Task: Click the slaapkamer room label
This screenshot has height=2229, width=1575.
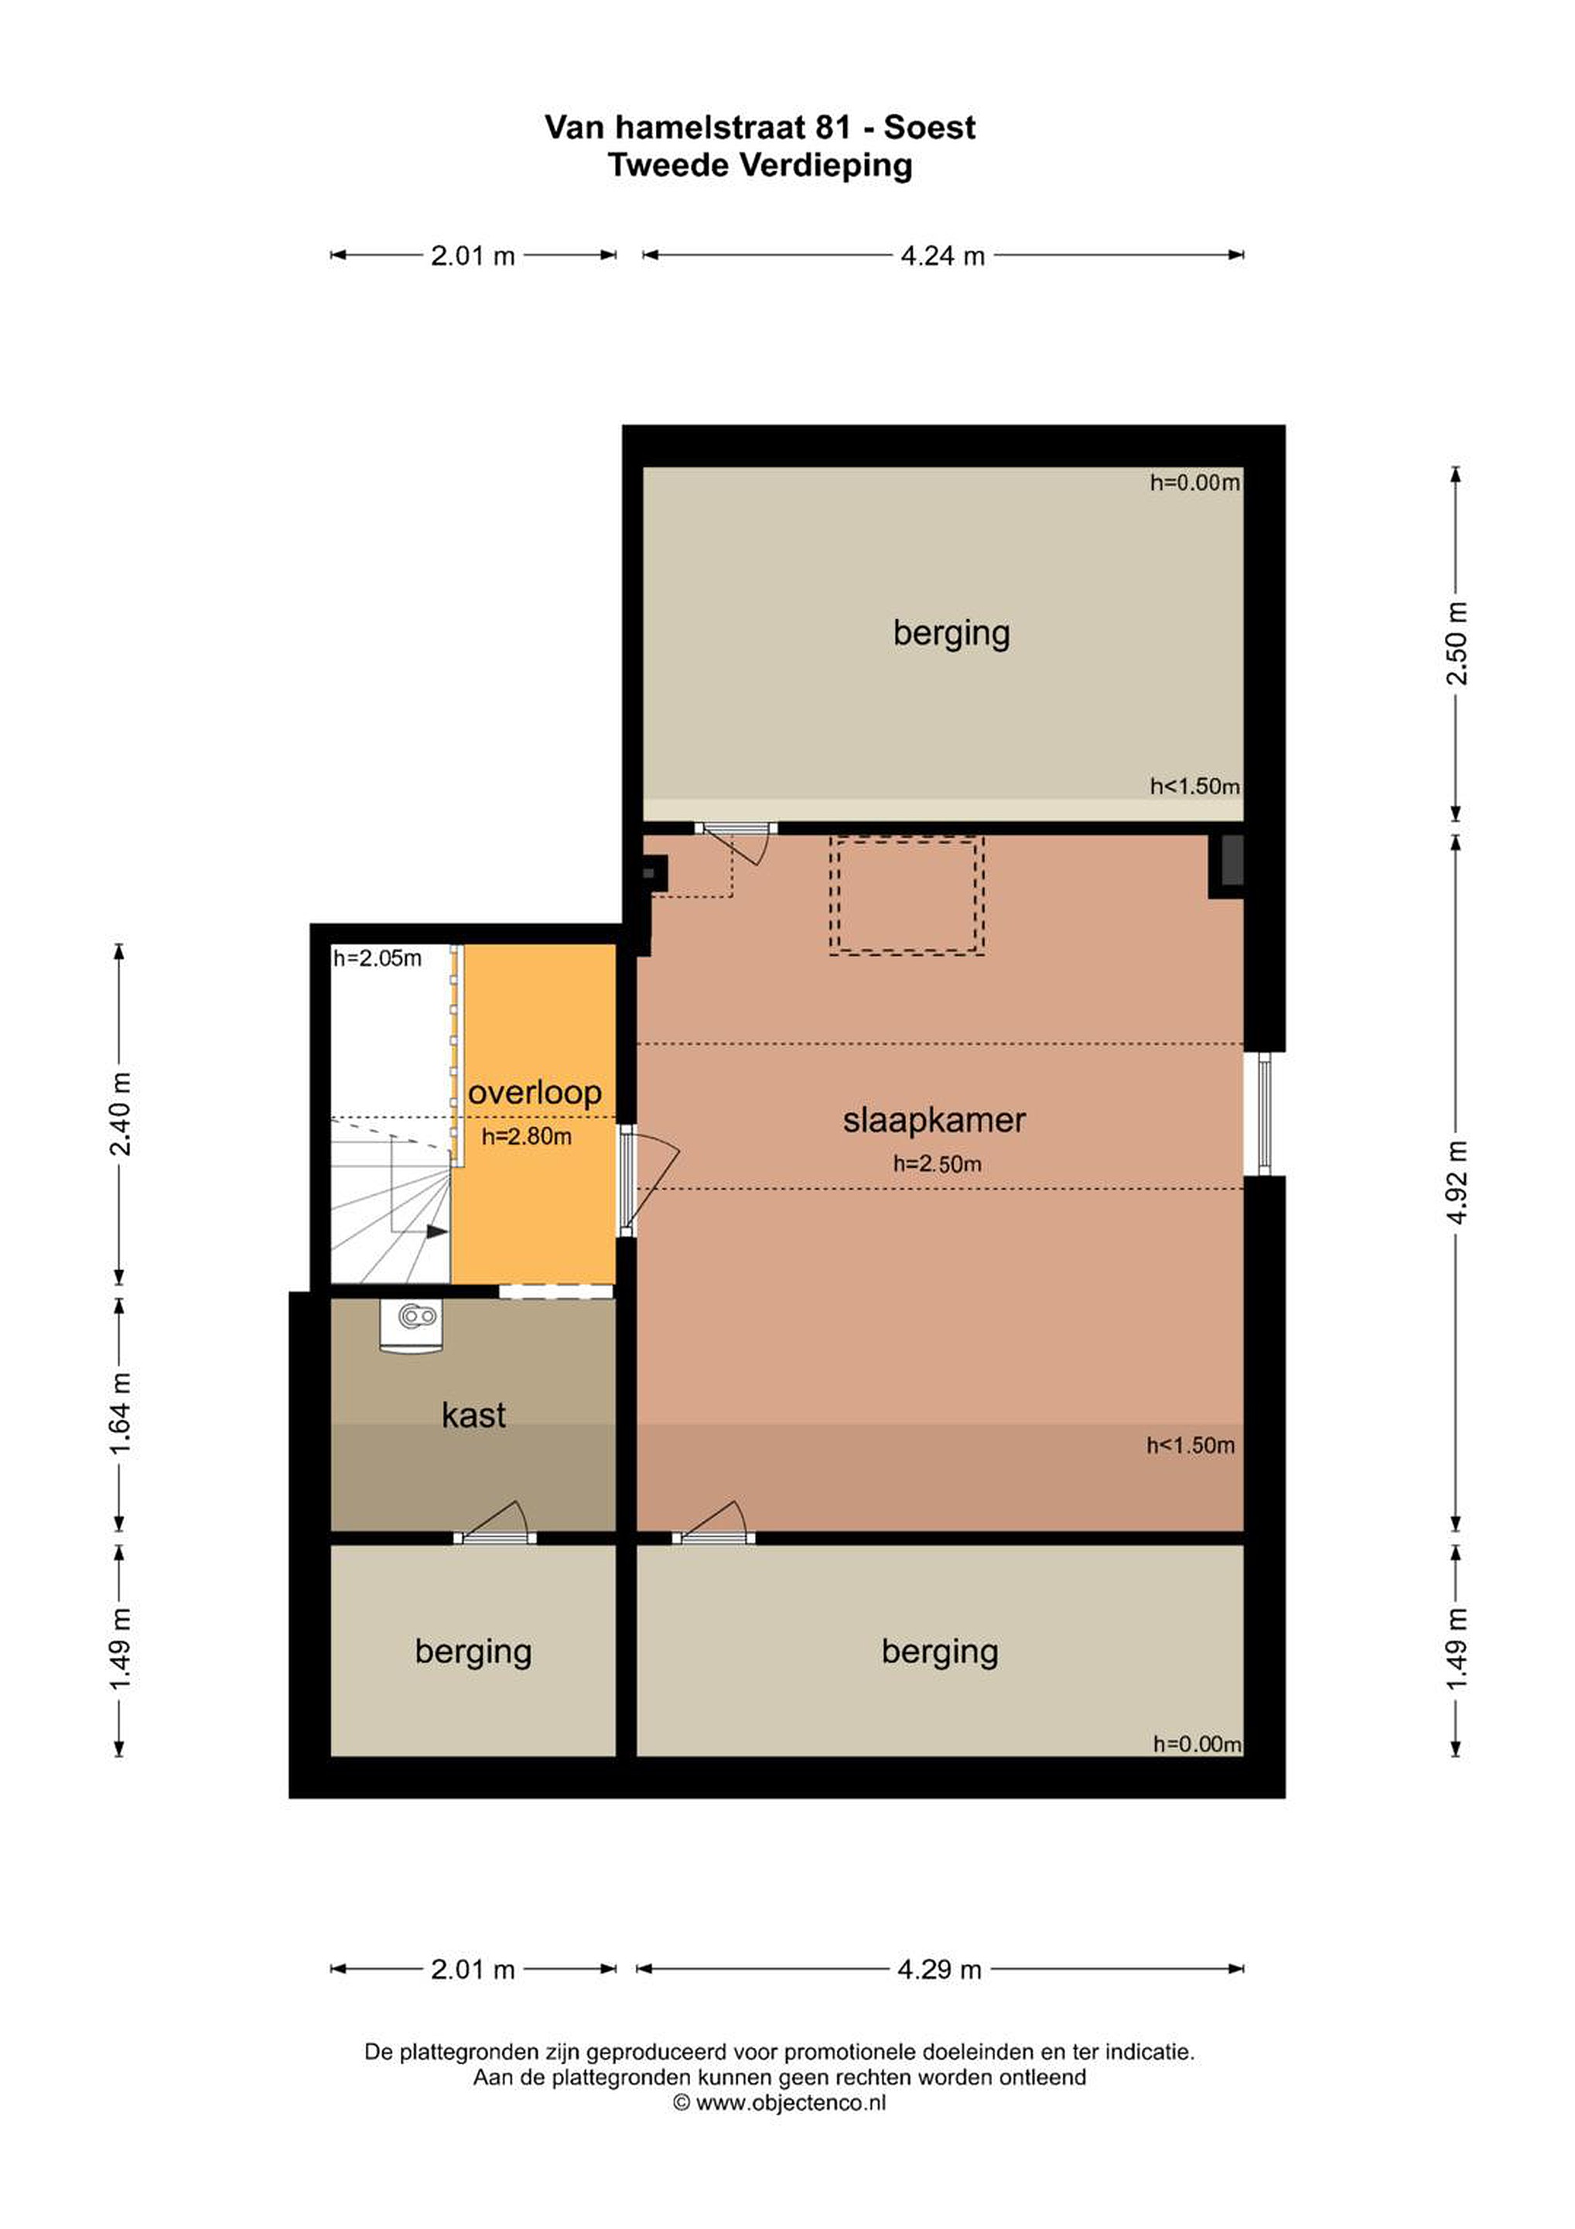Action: click(934, 1121)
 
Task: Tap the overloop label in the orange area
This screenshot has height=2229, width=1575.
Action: click(535, 1093)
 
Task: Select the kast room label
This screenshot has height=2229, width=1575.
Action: click(473, 1415)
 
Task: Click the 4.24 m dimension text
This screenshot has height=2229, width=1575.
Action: click(942, 256)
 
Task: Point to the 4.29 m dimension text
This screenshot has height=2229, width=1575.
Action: click(939, 1970)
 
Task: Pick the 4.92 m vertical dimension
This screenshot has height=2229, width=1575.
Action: click(1457, 1182)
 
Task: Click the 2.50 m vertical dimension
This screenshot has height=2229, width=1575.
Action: click(1457, 642)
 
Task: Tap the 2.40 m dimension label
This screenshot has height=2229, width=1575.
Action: click(121, 1114)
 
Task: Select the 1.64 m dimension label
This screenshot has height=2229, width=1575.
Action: click(121, 1416)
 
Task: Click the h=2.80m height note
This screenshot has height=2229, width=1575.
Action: click(527, 1137)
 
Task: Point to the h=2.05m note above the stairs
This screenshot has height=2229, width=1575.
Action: click(378, 959)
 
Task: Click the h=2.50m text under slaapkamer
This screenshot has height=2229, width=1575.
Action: click(938, 1164)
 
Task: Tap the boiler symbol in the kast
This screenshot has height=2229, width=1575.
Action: click(412, 1326)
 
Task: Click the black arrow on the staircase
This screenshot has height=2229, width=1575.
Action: click(437, 1232)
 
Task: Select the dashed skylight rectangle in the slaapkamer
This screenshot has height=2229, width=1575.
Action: click(907, 896)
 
